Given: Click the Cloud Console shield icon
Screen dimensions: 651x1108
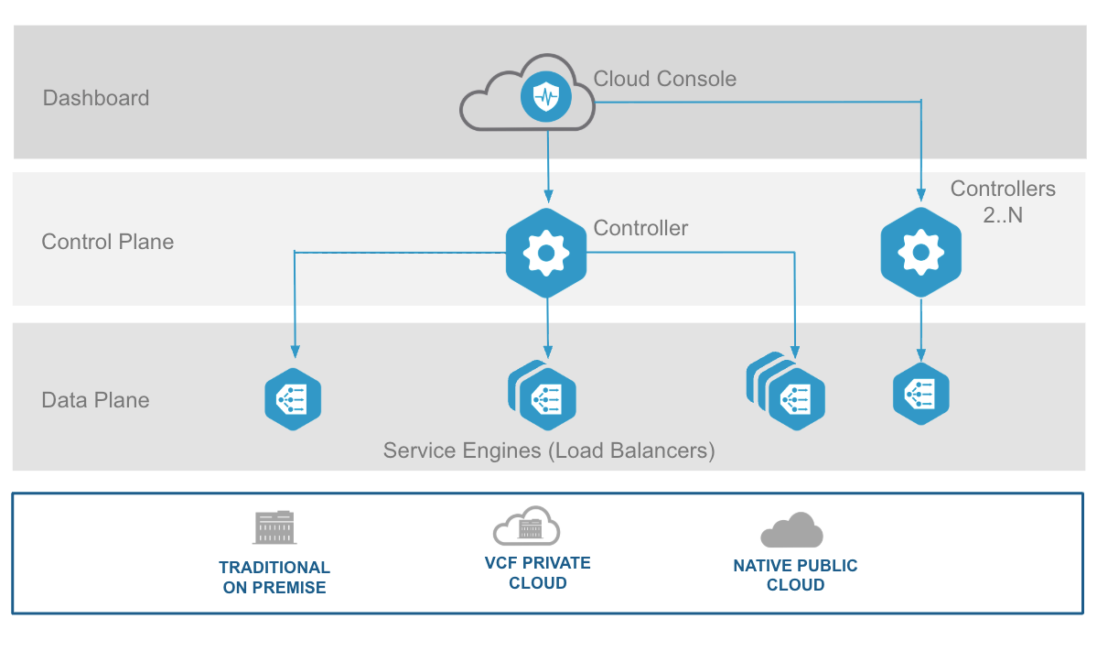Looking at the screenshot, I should pyautogui.click(x=546, y=95).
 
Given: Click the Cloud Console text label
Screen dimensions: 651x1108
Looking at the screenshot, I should pyautogui.click(x=664, y=79).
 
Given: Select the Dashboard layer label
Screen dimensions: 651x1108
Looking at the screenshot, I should pyautogui.click(x=96, y=98).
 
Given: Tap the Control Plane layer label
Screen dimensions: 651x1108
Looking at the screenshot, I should pyautogui.click(x=108, y=242).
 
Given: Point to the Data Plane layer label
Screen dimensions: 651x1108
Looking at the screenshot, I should pyautogui.click(x=96, y=400).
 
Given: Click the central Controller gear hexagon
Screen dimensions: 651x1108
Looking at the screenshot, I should pyautogui.click(x=546, y=253).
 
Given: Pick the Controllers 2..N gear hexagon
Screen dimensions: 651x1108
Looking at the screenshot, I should pyautogui.click(x=920, y=253).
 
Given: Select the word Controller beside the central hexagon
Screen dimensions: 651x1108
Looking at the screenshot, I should pyautogui.click(x=640, y=228).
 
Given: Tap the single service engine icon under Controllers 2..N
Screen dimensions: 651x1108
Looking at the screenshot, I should pyautogui.click(x=920, y=394).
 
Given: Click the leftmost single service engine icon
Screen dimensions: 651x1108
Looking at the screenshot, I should pyautogui.click(x=293, y=400).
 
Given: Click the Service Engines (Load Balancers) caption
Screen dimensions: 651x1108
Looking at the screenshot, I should pyautogui.click(x=549, y=450).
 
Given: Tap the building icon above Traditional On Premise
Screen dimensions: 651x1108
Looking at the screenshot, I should pyautogui.click(x=274, y=527).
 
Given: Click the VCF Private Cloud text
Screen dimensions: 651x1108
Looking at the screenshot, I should pyautogui.click(x=537, y=572).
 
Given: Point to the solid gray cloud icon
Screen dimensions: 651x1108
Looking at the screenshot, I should pyautogui.click(x=792, y=530).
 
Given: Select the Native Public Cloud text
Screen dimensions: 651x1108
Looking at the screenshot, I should pyautogui.click(x=795, y=575).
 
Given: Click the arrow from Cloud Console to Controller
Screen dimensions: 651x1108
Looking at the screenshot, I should pyautogui.click(x=547, y=165).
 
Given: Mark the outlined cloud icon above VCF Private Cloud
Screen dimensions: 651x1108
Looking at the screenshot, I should pyautogui.click(x=526, y=526).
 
